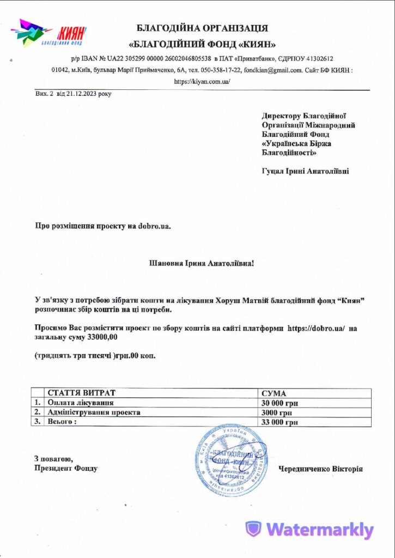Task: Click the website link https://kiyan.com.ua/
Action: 202,81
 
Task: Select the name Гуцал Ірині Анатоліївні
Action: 306,171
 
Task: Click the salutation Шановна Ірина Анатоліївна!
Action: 202,263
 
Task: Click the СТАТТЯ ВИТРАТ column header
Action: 82,393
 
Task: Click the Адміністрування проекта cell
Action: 94,412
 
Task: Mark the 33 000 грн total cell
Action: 280,422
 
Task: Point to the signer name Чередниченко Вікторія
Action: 320,469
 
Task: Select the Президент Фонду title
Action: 66,468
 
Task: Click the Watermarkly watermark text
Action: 320,529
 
